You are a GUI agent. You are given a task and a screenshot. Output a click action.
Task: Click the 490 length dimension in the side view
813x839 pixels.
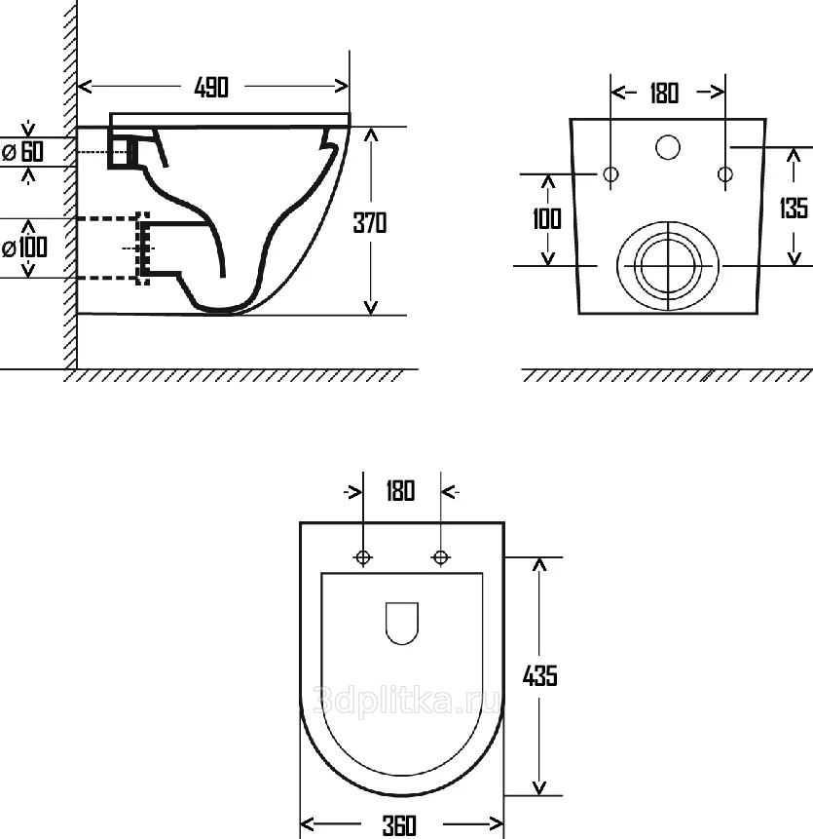tap(211, 88)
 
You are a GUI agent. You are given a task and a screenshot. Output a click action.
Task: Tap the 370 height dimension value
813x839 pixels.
tap(370, 222)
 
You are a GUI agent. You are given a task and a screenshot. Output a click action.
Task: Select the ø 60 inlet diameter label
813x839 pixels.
tap(23, 151)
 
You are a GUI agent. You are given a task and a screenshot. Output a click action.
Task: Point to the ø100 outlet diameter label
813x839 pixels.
tap(24, 248)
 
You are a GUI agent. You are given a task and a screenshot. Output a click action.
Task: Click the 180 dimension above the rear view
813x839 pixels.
tap(664, 94)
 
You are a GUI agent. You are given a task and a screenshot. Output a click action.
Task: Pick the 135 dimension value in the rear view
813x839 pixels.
tap(794, 208)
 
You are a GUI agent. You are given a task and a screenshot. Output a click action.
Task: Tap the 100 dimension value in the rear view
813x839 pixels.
tap(547, 219)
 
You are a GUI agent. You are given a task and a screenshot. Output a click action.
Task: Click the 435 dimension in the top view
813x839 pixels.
tap(539, 676)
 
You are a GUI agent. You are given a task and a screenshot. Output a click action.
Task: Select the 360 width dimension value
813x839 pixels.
tap(399, 825)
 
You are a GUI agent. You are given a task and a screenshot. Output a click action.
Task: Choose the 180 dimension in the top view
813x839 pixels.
tap(400, 491)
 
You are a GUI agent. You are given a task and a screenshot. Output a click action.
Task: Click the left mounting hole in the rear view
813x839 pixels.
tap(610, 173)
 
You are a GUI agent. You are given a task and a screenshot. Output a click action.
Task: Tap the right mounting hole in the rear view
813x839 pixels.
tap(725, 173)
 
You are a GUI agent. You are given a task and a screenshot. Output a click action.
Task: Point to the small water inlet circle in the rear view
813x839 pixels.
tap(668, 147)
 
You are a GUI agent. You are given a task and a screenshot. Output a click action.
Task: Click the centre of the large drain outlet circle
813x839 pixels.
tap(668, 265)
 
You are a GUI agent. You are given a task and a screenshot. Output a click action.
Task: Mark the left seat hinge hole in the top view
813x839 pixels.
tap(363, 557)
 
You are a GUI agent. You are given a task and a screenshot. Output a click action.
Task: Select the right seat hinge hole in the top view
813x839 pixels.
tap(440, 557)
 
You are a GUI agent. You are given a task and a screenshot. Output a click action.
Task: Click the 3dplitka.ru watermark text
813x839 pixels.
tap(407, 702)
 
